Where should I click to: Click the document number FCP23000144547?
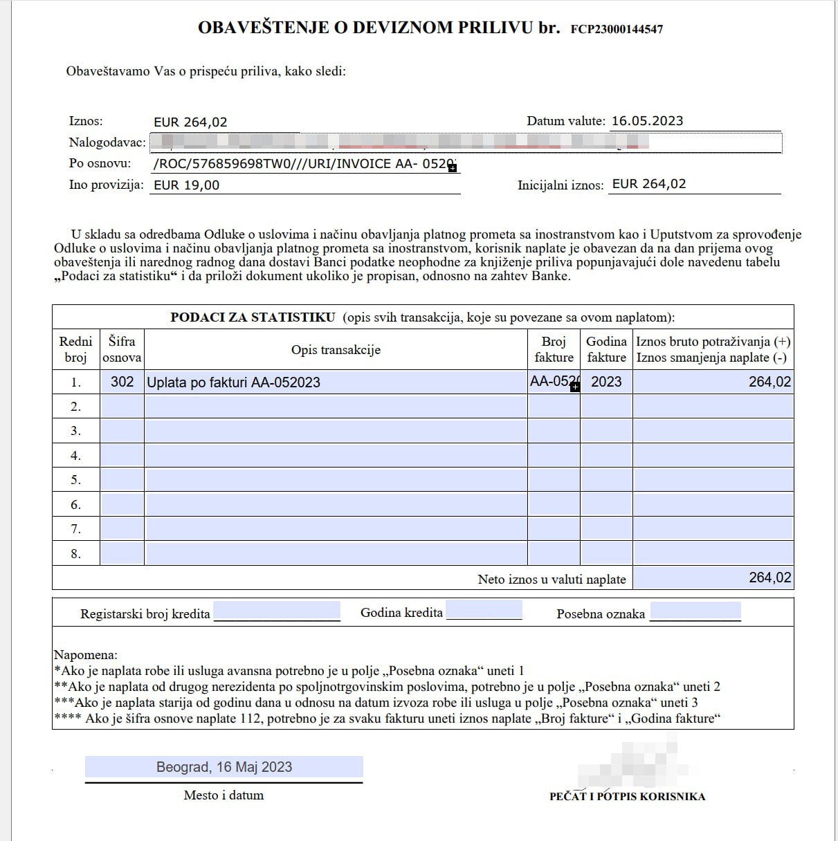pos(617,29)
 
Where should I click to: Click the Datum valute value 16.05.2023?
pos(647,121)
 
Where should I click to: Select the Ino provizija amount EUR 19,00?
pos(187,185)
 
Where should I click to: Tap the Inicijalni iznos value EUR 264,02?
pos(649,184)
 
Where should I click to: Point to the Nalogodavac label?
pos(107,142)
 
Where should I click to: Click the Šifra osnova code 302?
pos(122,382)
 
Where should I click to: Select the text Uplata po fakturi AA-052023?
pos(234,382)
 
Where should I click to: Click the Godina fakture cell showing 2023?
pos(606,382)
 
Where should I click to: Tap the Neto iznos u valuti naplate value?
pos(769,577)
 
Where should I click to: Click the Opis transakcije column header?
pos(336,349)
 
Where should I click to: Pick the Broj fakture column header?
pos(554,349)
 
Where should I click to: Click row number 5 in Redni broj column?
pos(76,480)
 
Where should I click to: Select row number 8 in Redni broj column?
pos(76,554)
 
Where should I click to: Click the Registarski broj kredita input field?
pos(277,611)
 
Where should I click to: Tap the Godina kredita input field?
pos(484,611)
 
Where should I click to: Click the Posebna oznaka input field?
pos(695,611)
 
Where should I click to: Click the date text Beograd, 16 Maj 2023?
pos(224,767)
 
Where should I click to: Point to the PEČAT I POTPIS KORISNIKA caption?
pos(627,796)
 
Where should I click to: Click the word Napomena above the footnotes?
pos(86,654)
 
